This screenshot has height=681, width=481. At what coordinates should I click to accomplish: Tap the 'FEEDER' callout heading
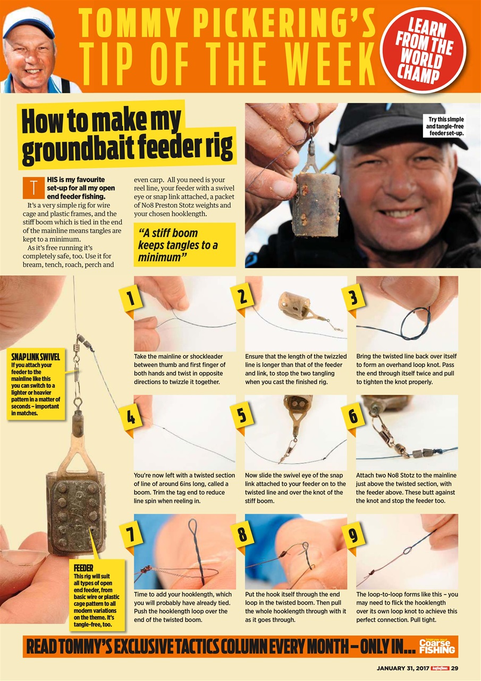(x=83, y=568)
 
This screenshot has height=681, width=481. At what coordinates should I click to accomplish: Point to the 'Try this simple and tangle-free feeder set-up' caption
(x=446, y=126)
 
